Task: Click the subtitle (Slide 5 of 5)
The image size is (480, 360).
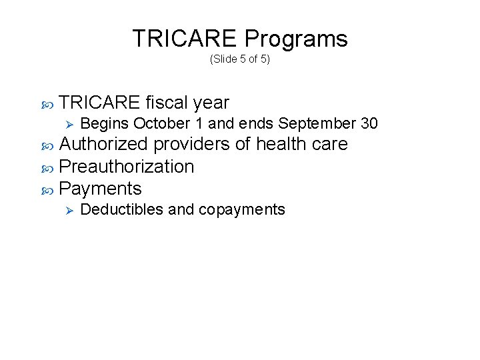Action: (239, 59)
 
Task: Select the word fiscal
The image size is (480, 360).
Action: (167, 103)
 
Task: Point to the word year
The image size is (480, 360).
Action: (211, 103)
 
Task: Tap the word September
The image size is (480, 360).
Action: (315, 124)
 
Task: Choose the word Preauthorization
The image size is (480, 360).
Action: (127, 166)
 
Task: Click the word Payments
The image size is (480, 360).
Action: (100, 188)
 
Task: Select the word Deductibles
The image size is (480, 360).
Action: (121, 209)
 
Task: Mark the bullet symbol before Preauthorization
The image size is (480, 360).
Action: (47, 167)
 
